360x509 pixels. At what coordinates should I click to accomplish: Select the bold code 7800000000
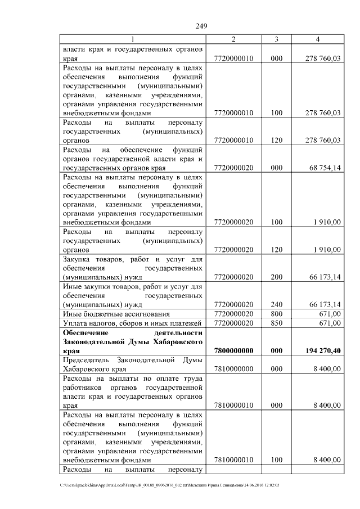click(x=234, y=350)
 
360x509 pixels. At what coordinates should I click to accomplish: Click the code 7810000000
click(x=234, y=369)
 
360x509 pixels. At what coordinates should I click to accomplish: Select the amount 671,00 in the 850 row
click(x=328, y=323)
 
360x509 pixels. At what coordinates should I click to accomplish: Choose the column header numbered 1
click(x=133, y=39)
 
